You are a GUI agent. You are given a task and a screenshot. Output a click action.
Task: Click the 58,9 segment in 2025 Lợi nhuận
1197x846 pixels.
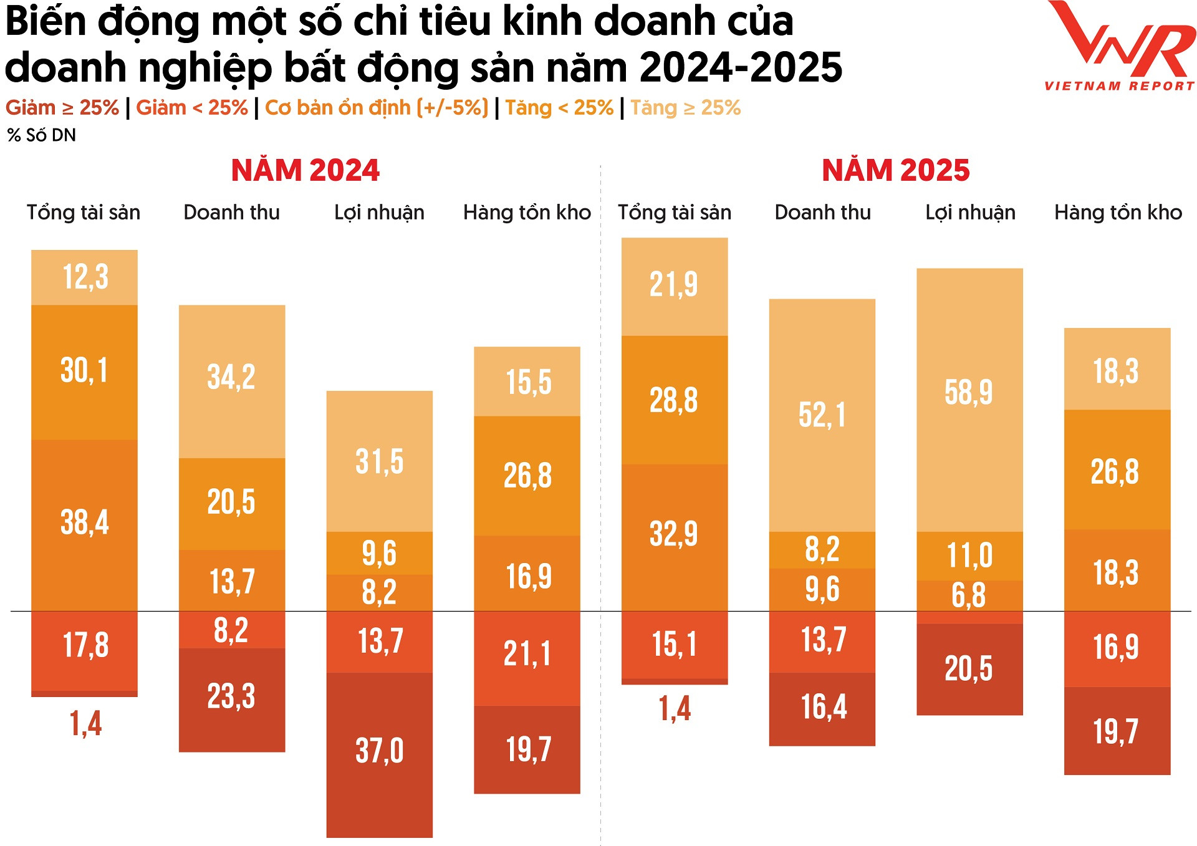(x=969, y=393)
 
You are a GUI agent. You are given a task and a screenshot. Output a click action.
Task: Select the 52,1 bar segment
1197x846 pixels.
(x=822, y=415)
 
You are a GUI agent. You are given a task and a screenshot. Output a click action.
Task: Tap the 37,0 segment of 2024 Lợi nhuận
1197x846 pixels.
(x=379, y=751)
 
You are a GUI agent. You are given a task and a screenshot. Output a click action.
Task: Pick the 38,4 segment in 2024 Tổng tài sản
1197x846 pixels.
(x=84, y=522)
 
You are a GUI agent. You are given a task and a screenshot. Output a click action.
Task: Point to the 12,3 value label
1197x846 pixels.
(x=85, y=277)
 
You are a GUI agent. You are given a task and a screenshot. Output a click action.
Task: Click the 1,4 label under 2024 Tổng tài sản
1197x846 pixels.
(x=85, y=724)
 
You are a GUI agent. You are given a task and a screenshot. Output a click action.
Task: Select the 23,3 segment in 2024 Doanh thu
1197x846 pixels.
(x=231, y=697)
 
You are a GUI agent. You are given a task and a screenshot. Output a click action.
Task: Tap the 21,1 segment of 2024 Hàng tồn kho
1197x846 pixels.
(x=527, y=655)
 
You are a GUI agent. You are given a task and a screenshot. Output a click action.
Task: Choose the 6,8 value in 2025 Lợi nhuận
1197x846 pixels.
(x=969, y=596)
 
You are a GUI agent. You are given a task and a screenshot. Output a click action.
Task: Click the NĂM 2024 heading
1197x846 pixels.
(x=305, y=171)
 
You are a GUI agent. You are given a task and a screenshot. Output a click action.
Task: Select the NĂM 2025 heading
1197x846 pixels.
(x=895, y=171)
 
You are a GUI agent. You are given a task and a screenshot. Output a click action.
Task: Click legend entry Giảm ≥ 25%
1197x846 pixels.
(x=62, y=108)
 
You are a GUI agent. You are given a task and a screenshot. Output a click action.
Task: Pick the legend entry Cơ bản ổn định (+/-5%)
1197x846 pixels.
(x=376, y=108)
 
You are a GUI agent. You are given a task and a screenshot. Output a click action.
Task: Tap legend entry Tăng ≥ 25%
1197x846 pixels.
(x=685, y=108)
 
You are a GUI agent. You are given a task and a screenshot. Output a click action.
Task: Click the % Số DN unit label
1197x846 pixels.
(x=42, y=135)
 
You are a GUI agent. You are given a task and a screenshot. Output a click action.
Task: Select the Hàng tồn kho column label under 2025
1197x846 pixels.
(x=1118, y=213)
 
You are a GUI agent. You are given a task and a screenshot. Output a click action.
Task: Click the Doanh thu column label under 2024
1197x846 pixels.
(x=231, y=213)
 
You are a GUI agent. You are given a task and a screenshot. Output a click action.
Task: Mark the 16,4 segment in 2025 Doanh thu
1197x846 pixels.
(x=823, y=708)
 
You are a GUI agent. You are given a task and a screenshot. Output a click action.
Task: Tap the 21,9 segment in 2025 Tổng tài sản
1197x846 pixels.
(x=674, y=285)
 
